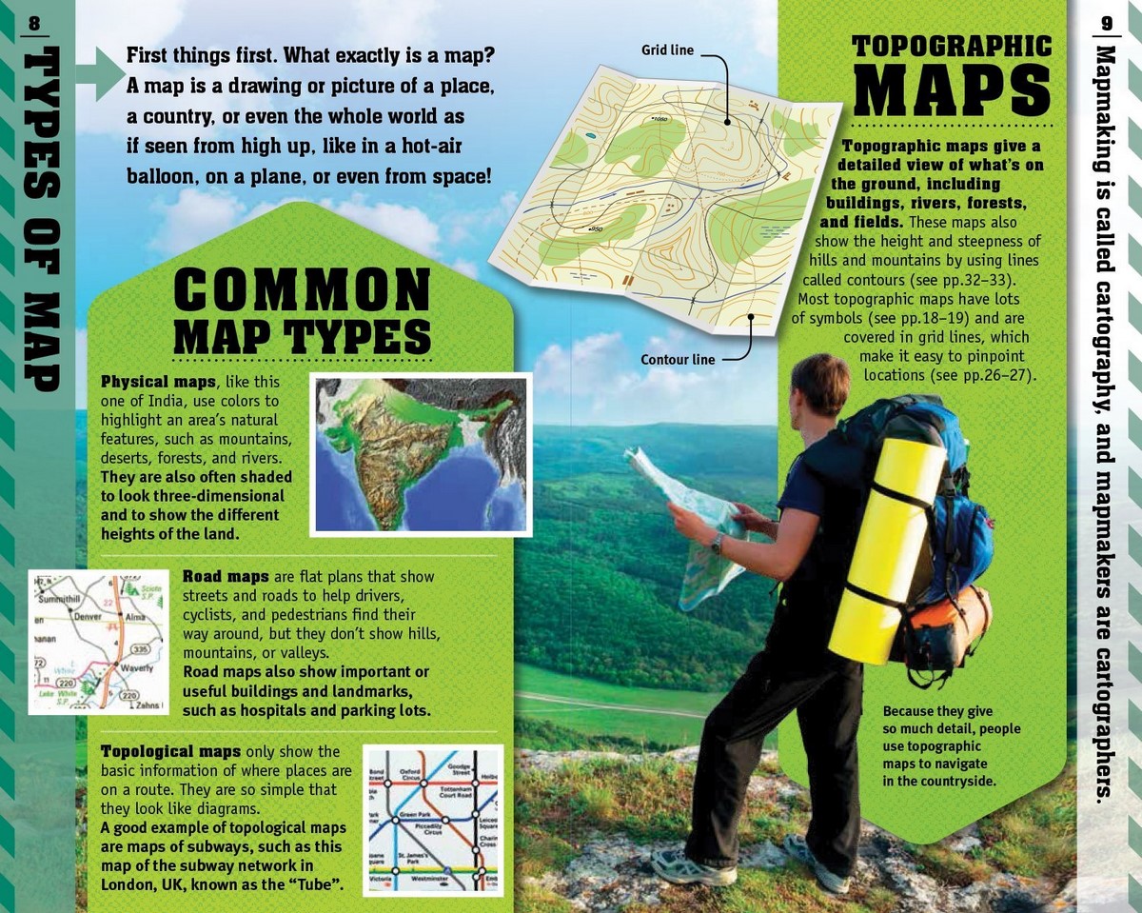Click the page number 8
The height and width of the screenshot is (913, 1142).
pos(34,24)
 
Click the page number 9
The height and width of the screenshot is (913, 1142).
pos(1107,23)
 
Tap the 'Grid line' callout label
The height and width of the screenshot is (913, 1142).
pos(667,50)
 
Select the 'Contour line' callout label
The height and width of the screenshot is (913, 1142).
pos(678,360)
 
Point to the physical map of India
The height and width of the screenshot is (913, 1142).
pos(420,455)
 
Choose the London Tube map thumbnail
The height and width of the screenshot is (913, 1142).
pos(433,820)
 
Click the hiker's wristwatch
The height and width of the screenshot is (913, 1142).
pos(717,543)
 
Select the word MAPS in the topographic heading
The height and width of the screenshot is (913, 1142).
pos(952,89)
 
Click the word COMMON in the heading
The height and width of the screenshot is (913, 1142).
pos(303,289)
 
